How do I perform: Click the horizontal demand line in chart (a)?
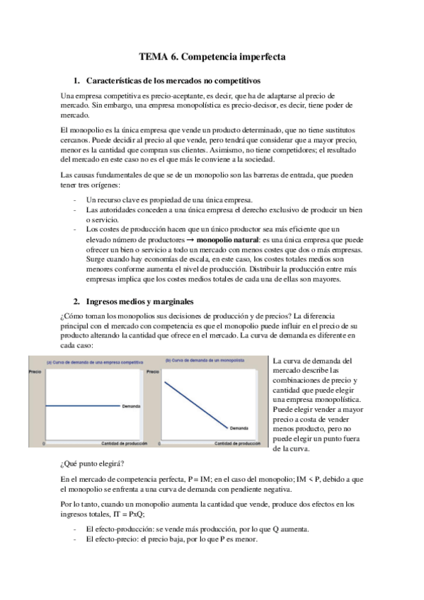pos(81,406)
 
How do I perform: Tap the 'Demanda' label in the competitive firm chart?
pos(131,406)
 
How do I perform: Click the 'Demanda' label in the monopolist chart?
pos(239,429)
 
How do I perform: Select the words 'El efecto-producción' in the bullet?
pos(118,529)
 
